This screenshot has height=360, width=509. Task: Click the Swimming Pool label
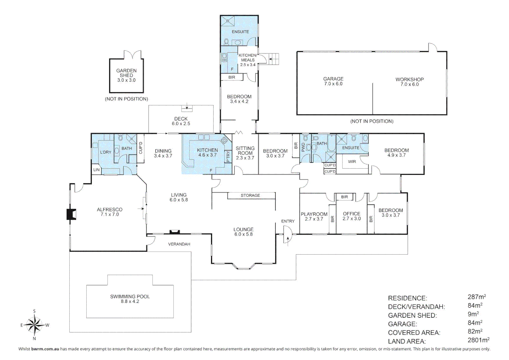coord(130,299)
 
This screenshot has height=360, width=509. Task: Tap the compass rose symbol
coord(34,325)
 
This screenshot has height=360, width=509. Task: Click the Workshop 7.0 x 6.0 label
coord(409,82)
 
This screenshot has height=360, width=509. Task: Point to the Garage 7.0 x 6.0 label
coord(333,81)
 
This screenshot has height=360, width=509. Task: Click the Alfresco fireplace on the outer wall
coord(71,214)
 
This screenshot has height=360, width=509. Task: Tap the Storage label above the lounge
coord(250,196)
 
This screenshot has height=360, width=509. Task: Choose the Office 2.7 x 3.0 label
coord(351,216)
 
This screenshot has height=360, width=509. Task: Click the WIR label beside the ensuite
coord(352,162)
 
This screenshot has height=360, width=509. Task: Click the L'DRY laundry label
coord(106,152)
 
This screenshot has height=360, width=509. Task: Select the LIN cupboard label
coord(96,170)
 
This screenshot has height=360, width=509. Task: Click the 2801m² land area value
coord(478,340)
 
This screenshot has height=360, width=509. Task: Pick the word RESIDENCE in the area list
coord(407,298)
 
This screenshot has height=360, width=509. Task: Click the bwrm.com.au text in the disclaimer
coord(45,349)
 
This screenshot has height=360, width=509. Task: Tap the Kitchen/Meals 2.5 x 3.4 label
coord(248,60)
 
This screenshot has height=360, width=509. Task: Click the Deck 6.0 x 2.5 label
coord(181,121)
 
